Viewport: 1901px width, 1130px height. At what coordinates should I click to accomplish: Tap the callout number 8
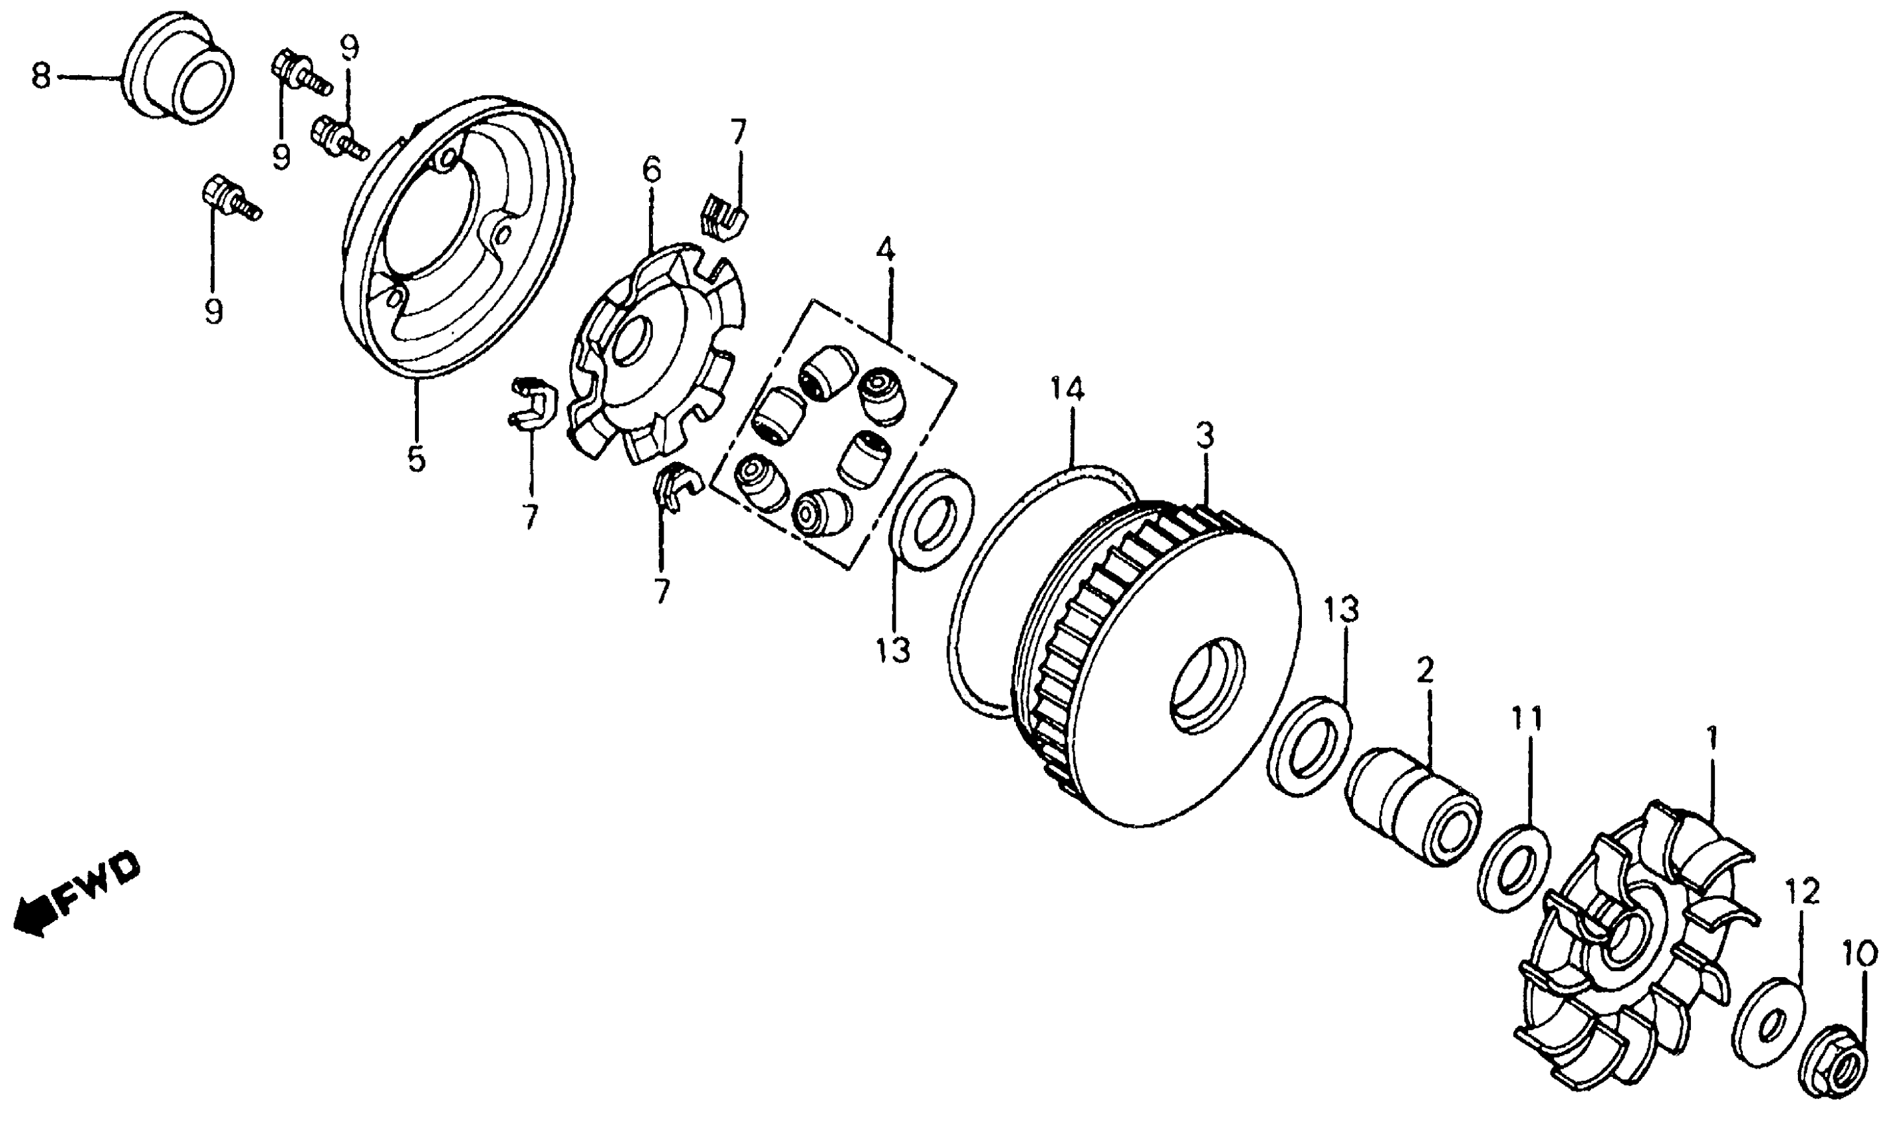point(41,77)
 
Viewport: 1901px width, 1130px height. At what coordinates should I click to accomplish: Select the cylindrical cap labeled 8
point(179,69)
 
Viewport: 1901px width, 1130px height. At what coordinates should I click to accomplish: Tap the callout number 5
point(416,459)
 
